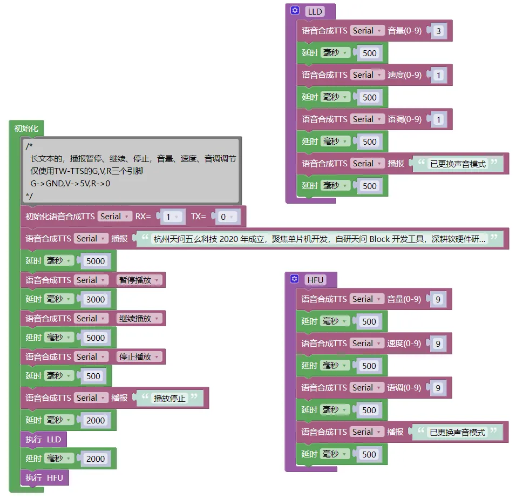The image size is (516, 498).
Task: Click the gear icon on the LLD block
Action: point(295,11)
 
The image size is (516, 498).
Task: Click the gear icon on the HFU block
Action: point(294,279)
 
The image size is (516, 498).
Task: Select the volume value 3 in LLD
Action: point(438,31)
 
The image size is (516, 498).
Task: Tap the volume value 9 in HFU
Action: point(438,299)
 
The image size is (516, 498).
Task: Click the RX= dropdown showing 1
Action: point(172,217)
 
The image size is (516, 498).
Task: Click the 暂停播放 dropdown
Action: point(139,280)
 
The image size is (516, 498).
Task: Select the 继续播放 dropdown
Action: point(139,319)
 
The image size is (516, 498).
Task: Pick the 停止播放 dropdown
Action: point(139,357)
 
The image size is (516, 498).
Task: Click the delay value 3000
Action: point(96,299)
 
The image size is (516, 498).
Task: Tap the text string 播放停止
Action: point(169,399)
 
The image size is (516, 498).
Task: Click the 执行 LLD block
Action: point(44,440)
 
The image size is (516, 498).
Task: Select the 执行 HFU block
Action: point(44,478)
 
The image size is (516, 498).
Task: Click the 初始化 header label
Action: point(26,129)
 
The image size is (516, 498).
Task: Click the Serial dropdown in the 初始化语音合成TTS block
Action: point(114,217)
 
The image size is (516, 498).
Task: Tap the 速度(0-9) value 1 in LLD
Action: point(438,75)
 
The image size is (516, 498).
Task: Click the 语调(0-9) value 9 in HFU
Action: point(438,388)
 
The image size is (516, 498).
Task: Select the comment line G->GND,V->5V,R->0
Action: point(70,183)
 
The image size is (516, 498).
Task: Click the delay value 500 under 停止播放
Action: point(93,376)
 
